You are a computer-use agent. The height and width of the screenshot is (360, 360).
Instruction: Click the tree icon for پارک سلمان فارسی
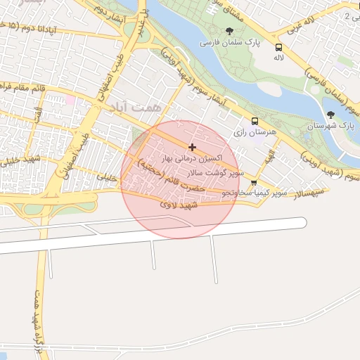pyautogui.click(x=229, y=30)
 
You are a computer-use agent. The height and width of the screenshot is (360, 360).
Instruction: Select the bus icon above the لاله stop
pyautogui.click(x=278, y=48)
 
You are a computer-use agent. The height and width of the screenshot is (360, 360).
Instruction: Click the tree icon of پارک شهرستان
pyautogui.click(x=330, y=115)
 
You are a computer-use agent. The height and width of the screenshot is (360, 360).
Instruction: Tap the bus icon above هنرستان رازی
pyautogui.click(x=254, y=120)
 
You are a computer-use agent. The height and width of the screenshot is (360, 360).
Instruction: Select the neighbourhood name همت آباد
pyautogui.click(x=135, y=106)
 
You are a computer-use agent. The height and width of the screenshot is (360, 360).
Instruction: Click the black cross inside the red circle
pyautogui.click(x=192, y=147)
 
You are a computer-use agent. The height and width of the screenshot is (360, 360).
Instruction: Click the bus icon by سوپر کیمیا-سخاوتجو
pyautogui.click(x=253, y=183)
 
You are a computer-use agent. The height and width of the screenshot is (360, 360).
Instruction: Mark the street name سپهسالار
pyautogui.click(x=310, y=191)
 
